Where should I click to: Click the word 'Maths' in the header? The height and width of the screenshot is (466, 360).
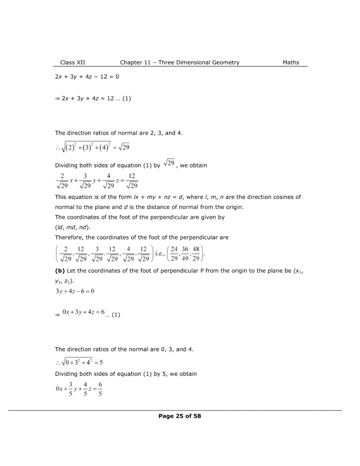[291, 62]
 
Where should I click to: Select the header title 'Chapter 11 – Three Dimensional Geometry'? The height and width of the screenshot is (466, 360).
[180, 62]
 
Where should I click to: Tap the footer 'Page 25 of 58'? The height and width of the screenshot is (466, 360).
[180, 416]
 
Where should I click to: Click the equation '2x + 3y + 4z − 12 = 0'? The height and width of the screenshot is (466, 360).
[87, 77]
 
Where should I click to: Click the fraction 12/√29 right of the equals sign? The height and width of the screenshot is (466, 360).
[132, 181]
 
